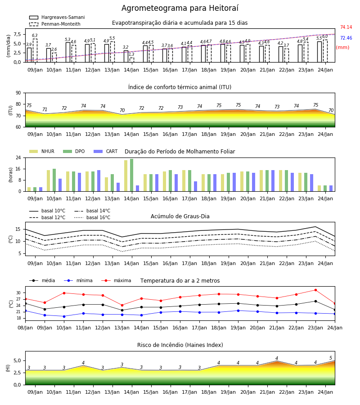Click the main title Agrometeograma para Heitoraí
click(x=180, y=8)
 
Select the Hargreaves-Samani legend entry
click(x=57, y=17)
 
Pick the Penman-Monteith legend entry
click(x=55, y=24)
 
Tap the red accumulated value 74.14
click(x=346, y=27)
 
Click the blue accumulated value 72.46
click(x=346, y=38)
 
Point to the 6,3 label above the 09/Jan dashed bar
click(x=35, y=36)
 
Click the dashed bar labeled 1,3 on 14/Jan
click(x=132, y=60)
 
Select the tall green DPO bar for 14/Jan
click(x=132, y=175)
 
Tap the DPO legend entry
click(x=74, y=151)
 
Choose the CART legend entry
click(x=106, y=151)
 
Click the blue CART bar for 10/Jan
click(x=60, y=185)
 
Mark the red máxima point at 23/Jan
click(x=315, y=290)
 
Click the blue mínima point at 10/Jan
click(x=64, y=316)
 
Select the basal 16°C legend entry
click(x=92, y=217)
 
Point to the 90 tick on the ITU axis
click(x=18, y=93)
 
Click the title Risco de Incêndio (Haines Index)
click(x=180, y=345)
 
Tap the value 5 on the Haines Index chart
click(x=331, y=358)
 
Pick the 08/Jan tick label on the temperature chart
click(x=25, y=328)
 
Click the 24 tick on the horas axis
click(x=18, y=157)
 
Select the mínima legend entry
click(x=78, y=280)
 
